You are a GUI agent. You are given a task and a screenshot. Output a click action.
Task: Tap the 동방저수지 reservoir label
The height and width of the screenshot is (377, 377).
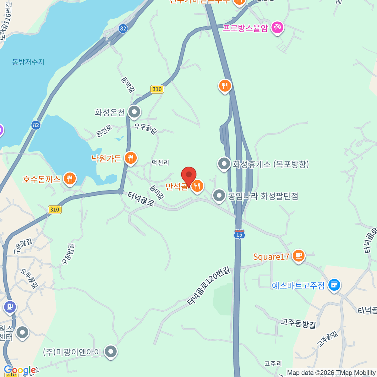click(x=28, y=62)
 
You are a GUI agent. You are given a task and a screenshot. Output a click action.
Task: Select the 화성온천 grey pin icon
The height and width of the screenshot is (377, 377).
click(x=134, y=112)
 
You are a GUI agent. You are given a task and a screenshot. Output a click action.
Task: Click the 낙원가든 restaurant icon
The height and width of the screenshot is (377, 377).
click(x=131, y=158)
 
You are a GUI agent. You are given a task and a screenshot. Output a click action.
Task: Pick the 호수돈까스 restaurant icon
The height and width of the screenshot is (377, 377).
click(x=70, y=179)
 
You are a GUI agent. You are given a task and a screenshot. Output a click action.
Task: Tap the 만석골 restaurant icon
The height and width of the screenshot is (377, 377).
click(x=197, y=186)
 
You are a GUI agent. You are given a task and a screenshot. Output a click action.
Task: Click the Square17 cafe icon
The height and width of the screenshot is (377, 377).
click(x=298, y=256)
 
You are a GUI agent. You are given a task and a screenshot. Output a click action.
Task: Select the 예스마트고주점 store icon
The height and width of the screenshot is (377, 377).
click(x=334, y=285)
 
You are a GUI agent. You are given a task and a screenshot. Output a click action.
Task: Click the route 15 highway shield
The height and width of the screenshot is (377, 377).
click(x=239, y=234)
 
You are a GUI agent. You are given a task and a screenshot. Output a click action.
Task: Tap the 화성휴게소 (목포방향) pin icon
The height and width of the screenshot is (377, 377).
click(x=224, y=163)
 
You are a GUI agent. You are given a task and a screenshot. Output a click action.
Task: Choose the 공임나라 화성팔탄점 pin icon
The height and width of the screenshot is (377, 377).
click(x=219, y=195)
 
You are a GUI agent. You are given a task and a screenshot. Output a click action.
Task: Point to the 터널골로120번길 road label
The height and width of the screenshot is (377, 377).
click(x=209, y=286)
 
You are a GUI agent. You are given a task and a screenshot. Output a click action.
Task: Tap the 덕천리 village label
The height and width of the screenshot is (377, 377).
click(x=160, y=163)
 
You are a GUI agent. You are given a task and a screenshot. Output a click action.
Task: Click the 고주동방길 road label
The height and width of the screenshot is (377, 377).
click(x=298, y=323)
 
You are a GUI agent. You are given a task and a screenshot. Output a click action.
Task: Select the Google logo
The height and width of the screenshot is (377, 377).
click(x=19, y=370)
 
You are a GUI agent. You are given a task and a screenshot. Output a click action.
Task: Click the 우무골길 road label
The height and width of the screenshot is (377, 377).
click(x=146, y=128)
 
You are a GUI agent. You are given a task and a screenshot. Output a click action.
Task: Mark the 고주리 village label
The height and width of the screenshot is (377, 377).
click(x=273, y=363)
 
